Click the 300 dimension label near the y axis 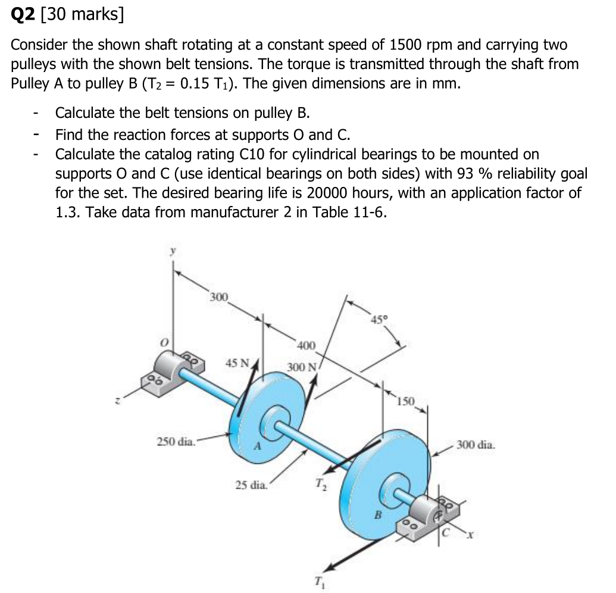tap(219, 296)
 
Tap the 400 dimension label tap(307, 345)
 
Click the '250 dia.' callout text tap(176, 441)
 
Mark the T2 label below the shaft tap(319, 483)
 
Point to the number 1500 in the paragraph tap(408, 45)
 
